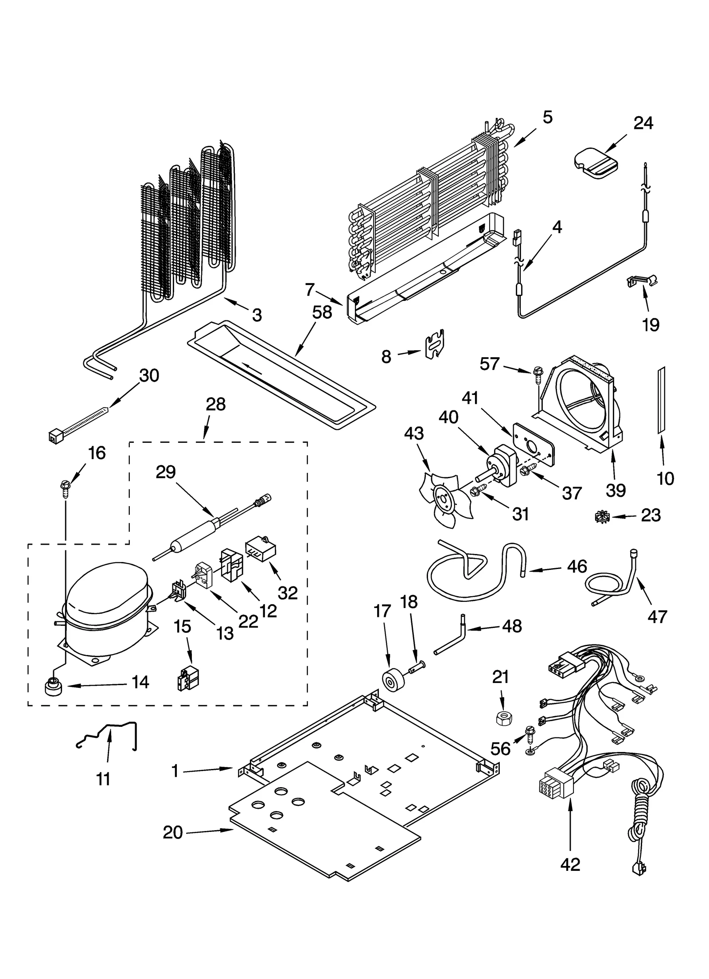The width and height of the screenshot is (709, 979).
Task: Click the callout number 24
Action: [643, 123]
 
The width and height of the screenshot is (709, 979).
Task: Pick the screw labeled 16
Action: [65, 488]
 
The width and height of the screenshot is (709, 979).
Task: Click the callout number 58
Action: [322, 312]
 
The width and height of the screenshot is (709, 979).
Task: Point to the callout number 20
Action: [173, 833]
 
